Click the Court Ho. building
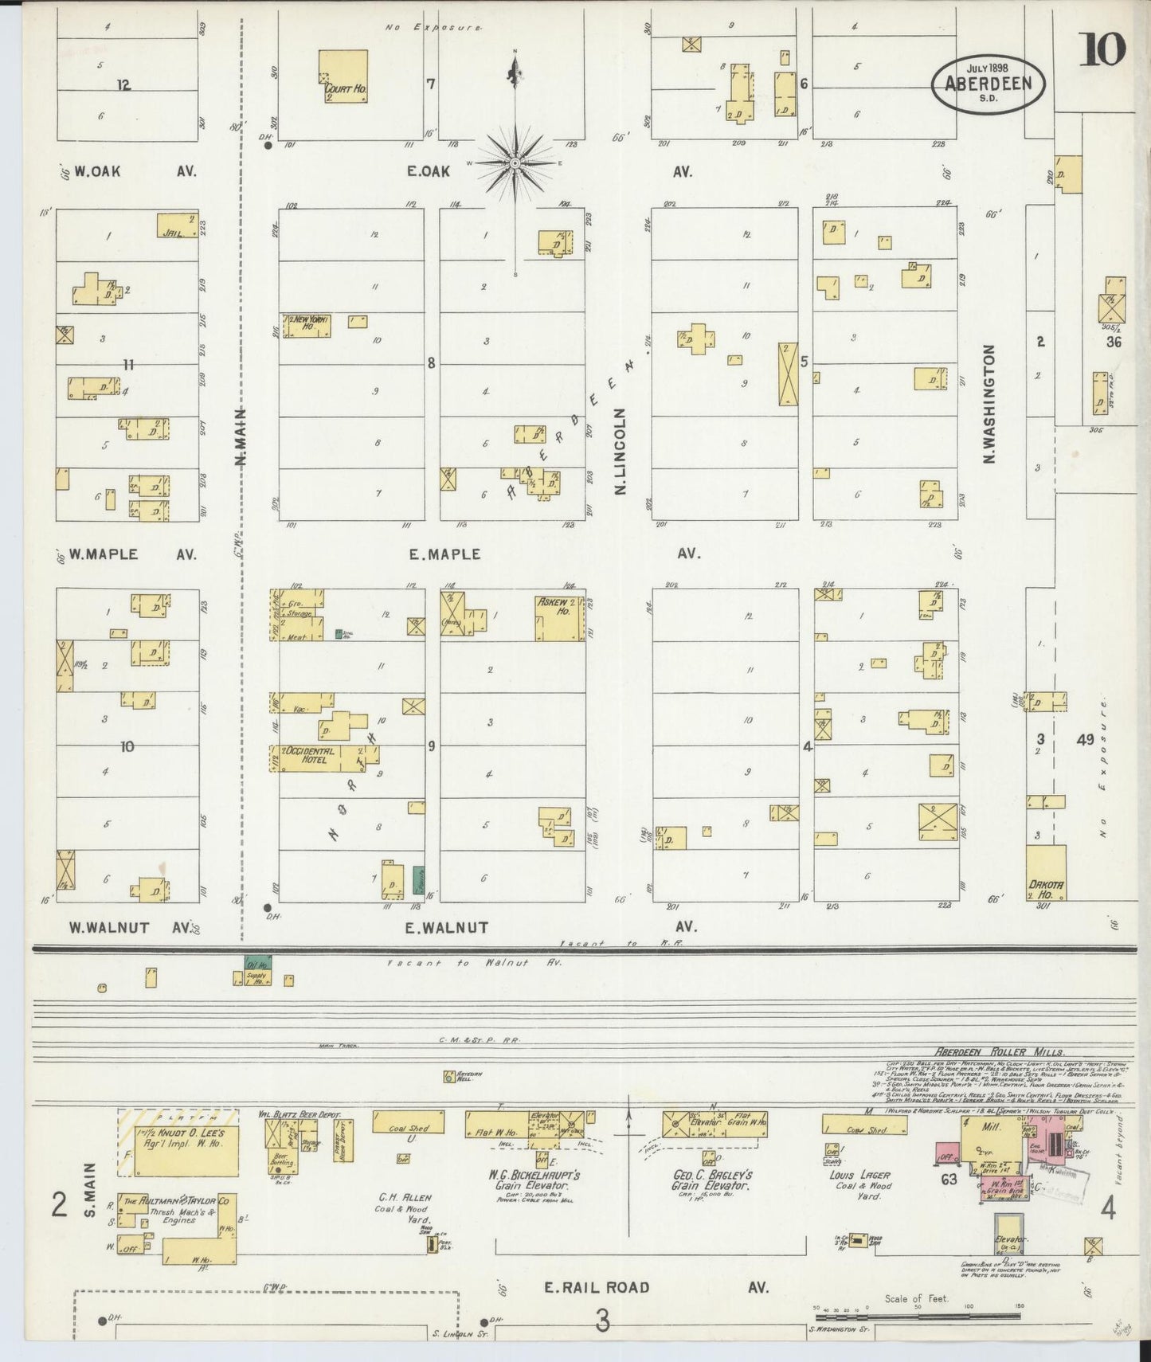tap(343, 76)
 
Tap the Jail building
tap(177, 225)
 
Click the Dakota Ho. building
tap(1045, 874)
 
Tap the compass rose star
tap(515, 164)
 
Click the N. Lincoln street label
tap(621, 451)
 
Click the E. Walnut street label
tap(446, 927)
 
